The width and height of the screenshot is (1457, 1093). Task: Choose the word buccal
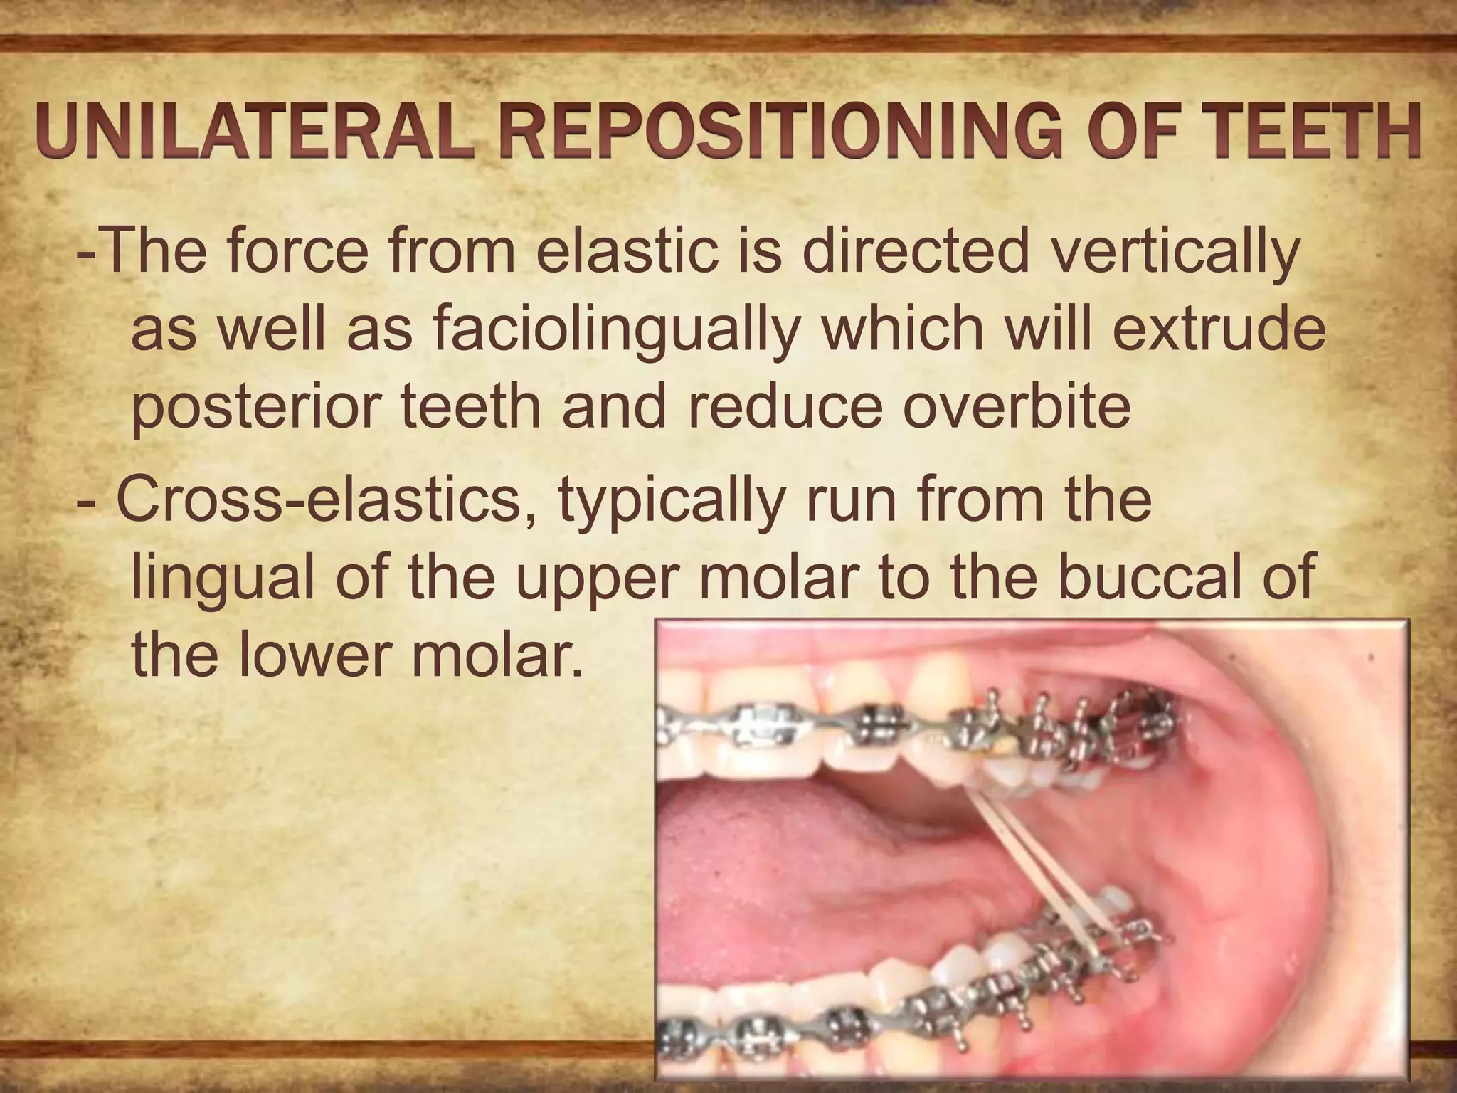tap(1153, 577)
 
